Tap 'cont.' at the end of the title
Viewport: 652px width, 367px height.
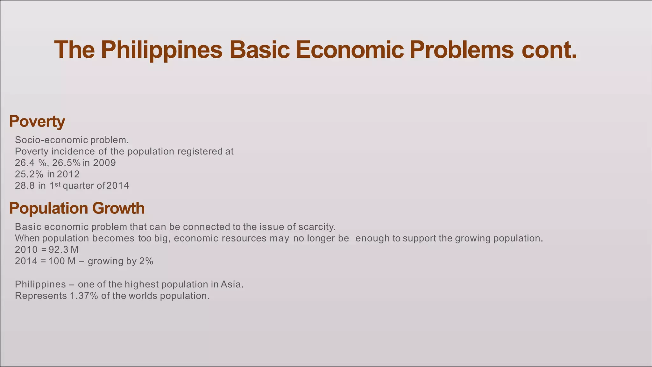point(549,50)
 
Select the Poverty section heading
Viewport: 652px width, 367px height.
point(37,121)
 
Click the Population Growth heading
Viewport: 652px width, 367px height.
point(77,208)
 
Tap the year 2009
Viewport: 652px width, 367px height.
point(104,163)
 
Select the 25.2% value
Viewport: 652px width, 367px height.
point(29,174)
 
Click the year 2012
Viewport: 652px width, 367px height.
point(68,174)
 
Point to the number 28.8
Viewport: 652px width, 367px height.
point(25,186)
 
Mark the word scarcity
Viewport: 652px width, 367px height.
point(317,227)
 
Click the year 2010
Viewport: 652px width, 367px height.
point(26,249)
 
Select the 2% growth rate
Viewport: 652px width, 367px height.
point(146,261)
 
